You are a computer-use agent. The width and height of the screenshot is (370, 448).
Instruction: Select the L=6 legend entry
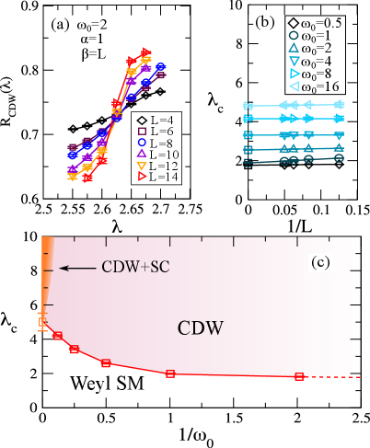coord(157,132)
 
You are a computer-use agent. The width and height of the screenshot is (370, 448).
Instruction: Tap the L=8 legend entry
coord(157,143)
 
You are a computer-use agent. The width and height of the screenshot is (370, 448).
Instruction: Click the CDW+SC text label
coord(137,268)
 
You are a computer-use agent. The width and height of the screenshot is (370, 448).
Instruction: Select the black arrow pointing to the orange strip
coord(78,268)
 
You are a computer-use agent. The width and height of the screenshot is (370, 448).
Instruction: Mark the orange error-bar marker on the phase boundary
coord(41,321)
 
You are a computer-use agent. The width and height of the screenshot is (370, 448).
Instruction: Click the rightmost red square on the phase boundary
coord(299,376)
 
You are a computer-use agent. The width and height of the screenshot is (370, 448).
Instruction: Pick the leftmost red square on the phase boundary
coord(57,336)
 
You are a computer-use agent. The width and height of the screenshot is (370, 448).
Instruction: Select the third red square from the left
coord(106,363)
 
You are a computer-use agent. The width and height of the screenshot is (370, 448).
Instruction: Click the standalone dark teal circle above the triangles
coord(294,35)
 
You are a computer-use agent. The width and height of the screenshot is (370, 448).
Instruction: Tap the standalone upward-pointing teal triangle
coord(294,48)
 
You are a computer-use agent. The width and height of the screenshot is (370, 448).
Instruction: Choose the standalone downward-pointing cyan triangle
coord(294,61)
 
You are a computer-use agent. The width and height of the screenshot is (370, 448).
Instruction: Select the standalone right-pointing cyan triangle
coord(295,74)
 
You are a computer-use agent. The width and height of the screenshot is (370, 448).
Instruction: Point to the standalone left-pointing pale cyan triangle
coord(294,86)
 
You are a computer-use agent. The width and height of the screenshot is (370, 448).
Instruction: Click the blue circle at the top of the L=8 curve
coord(161,66)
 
